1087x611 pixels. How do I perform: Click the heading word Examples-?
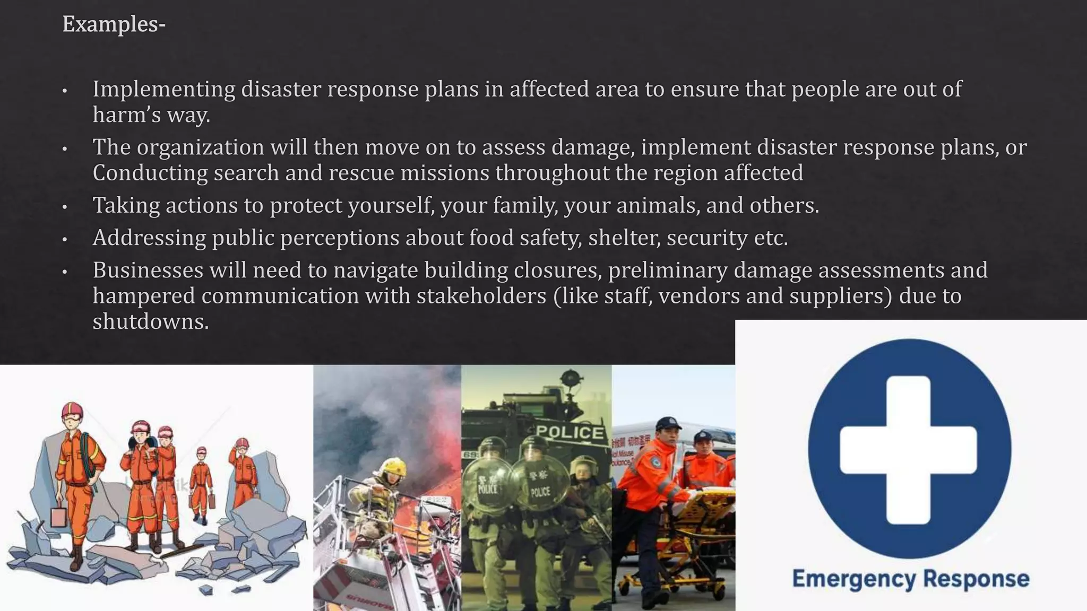pyautogui.click(x=114, y=24)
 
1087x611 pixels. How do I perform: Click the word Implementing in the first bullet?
pyautogui.click(x=163, y=89)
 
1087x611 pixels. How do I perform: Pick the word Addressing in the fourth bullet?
pyautogui.click(x=149, y=238)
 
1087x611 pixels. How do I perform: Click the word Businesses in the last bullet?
pyautogui.click(x=148, y=270)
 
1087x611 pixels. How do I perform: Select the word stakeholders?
pyautogui.click(x=481, y=296)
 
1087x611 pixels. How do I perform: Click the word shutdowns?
pyautogui.click(x=150, y=321)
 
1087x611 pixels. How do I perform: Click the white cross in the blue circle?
pyautogui.click(x=908, y=450)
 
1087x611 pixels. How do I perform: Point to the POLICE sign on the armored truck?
pyautogui.click(x=570, y=432)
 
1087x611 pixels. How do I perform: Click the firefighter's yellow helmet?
pyautogui.click(x=393, y=467)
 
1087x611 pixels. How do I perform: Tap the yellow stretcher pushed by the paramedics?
pyautogui.click(x=701, y=504)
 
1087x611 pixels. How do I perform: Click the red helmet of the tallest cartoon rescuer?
pyautogui.click(x=72, y=410)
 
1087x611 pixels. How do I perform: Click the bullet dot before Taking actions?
pyautogui.click(x=65, y=207)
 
